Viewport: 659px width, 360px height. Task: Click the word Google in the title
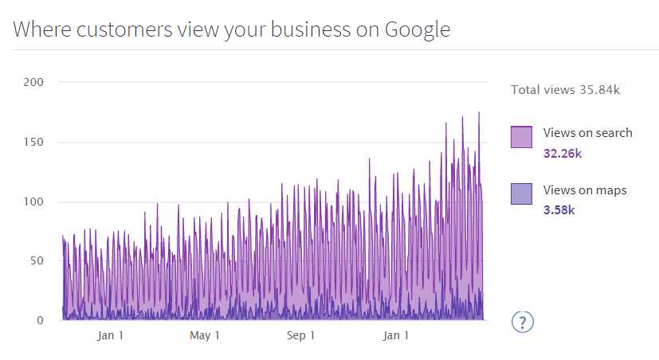(417, 30)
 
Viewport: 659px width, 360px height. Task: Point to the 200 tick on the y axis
(33, 82)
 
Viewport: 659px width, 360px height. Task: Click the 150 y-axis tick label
(33, 142)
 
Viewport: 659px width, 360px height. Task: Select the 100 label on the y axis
(33, 202)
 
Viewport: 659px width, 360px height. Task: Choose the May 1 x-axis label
(205, 336)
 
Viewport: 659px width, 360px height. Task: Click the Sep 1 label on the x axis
(300, 336)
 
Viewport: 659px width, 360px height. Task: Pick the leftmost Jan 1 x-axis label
(110, 336)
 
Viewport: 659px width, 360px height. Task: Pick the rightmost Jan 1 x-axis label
(396, 336)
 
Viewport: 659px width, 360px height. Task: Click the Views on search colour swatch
(521, 137)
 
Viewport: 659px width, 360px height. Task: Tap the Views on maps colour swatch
(521, 194)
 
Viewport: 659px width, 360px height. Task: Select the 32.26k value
(562, 153)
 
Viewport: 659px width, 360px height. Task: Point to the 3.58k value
(559, 210)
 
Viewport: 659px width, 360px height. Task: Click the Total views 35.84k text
(565, 89)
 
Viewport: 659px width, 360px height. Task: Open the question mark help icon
(522, 322)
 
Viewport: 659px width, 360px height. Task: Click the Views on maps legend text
(585, 190)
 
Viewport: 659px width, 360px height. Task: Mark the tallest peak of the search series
(479, 113)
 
